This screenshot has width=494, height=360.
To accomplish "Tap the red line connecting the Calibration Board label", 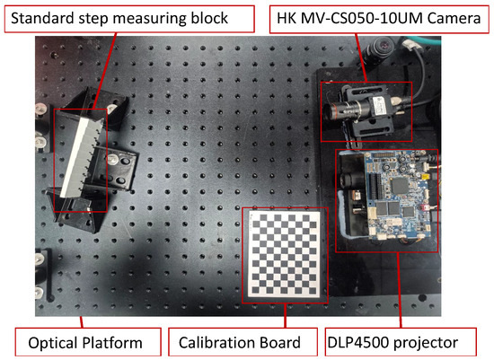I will tap(286, 314).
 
